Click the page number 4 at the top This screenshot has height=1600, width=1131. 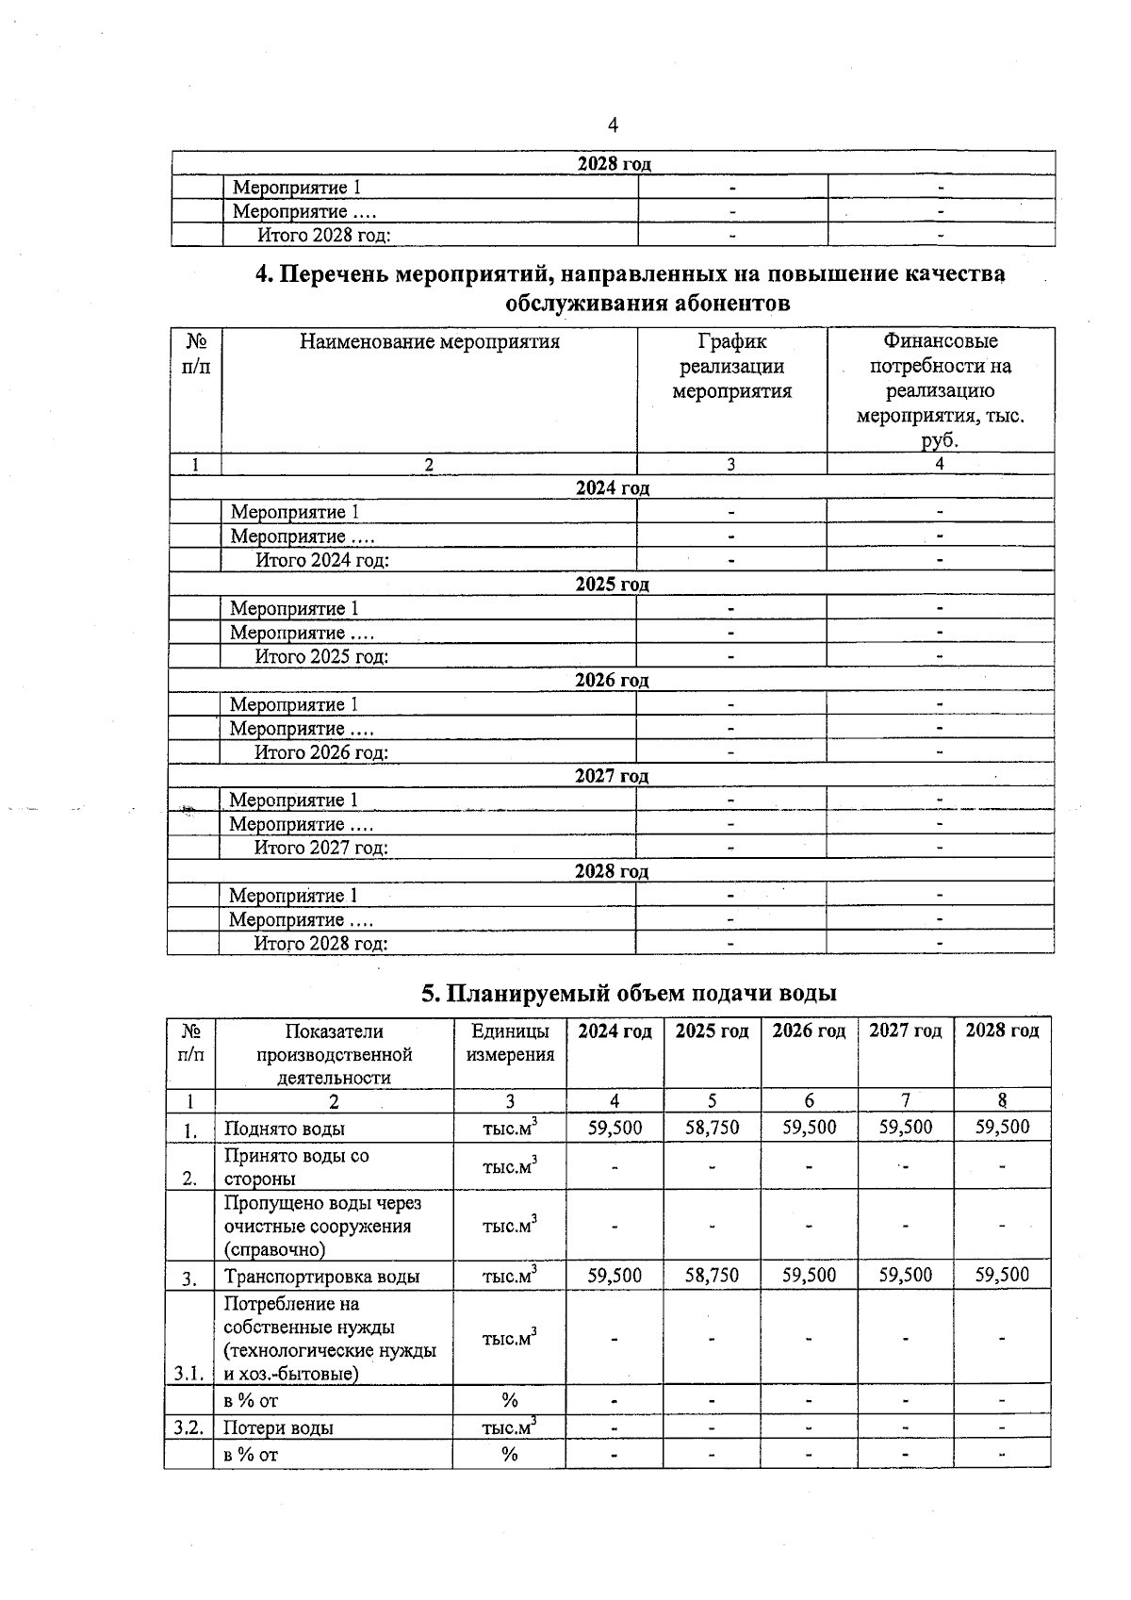(613, 125)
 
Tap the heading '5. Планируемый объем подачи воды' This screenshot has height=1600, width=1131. (629, 993)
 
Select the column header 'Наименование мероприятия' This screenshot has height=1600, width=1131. (429, 341)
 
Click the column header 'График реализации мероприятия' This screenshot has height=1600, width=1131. (731, 366)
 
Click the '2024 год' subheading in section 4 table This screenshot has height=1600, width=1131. (612, 488)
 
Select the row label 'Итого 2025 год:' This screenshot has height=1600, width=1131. (321, 656)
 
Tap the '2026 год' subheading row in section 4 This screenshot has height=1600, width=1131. (612, 681)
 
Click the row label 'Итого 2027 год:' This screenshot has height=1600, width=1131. (321, 848)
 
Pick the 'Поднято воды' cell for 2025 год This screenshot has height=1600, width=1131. (712, 1128)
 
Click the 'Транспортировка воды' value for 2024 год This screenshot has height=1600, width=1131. (615, 1276)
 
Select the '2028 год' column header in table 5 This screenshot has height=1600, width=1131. (1002, 1031)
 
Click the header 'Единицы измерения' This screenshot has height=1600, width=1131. (510, 1042)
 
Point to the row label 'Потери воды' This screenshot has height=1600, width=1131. (278, 1427)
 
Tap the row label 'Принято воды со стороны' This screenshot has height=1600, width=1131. (296, 1166)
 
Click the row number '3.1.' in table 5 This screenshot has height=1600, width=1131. (188, 1374)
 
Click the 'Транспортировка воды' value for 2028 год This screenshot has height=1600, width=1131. (1002, 1276)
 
